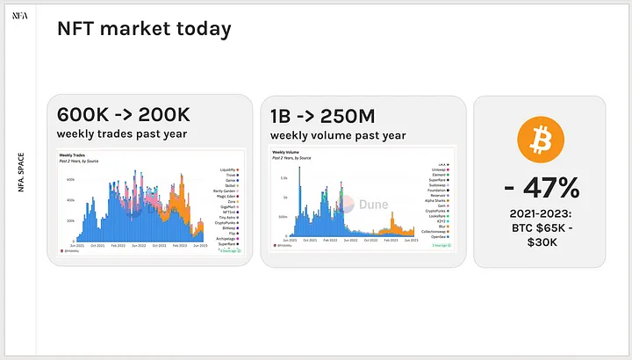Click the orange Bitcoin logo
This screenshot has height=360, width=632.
coord(539,139)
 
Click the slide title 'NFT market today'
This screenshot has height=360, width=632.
coord(144,29)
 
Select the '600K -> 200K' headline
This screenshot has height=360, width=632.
coord(124,115)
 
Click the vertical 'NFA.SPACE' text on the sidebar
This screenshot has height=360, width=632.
coord(20,173)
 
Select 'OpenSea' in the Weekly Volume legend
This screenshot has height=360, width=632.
coord(439,236)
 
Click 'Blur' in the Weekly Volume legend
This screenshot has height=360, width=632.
coord(442,224)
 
